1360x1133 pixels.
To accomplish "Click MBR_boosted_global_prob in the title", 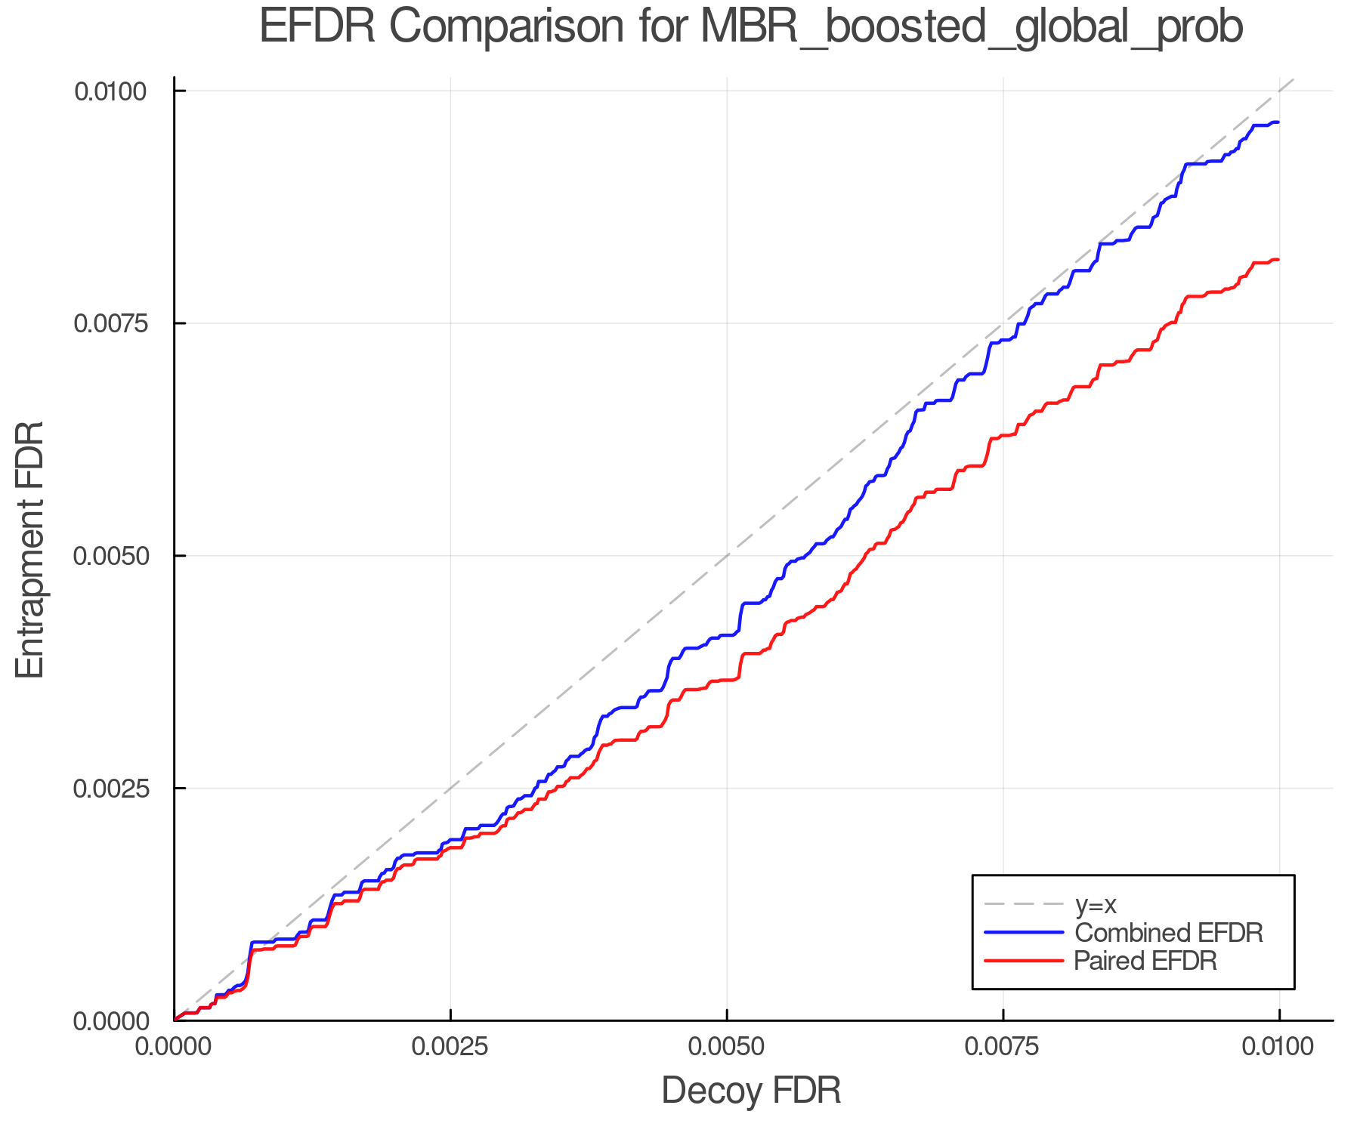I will pos(972,27).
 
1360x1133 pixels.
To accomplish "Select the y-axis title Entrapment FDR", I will pos(30,549).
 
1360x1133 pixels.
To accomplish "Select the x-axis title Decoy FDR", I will pos(751,1091).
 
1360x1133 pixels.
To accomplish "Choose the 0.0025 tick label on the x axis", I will pos(450,1047).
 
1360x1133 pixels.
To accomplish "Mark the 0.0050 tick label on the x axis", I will pos(727,1047).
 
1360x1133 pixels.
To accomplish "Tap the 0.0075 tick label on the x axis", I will pos(1003,1047).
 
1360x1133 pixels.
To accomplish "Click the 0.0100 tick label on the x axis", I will pos(1279,1047).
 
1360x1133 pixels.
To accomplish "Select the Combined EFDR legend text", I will pos(1168,933).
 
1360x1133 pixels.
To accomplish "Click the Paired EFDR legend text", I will pos(1145,961).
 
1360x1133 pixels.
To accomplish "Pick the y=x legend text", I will pos(1095,905).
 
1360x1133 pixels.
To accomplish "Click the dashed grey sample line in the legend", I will pos(1024,904).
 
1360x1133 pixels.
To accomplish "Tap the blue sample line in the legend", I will pos(1024,933).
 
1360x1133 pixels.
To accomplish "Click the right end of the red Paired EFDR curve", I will pos(1278,260).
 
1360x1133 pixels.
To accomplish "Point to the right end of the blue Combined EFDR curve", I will pos(1278,122).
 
